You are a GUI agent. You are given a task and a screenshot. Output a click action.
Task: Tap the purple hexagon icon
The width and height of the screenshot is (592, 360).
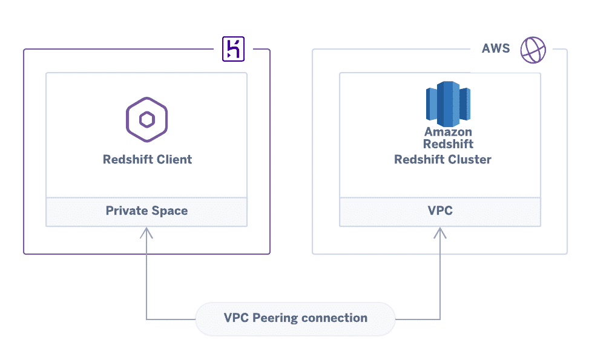coord(146,120)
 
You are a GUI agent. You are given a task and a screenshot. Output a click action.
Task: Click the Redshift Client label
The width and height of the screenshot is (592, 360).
coord(147,160)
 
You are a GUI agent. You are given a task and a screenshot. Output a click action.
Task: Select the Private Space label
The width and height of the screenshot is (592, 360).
coord(146,211)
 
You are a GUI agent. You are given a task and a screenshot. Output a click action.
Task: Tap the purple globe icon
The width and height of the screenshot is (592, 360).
coord(533,50)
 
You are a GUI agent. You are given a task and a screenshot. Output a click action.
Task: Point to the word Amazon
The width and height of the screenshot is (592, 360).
coord(448,132)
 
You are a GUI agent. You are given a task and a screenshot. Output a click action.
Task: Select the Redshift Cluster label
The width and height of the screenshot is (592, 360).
coord(442,160)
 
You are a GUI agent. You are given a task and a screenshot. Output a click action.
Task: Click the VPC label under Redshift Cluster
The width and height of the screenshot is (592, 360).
coord(440,211)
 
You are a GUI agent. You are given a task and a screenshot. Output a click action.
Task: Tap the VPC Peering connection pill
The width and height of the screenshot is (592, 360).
coord(295,318)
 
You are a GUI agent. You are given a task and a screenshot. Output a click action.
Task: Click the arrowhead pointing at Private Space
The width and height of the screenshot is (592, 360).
coord(146,232)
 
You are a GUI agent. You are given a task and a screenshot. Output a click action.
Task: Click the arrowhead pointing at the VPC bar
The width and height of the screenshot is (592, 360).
coord(440,232)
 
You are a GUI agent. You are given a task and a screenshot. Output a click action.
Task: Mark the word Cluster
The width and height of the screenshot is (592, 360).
coord(471,160)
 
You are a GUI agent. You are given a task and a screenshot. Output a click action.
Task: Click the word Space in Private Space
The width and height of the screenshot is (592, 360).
coord(169,211)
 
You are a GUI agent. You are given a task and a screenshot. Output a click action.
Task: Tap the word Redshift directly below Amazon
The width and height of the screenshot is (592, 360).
coord(448,145)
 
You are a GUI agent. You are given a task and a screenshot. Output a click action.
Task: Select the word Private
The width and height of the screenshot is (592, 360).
coord(127,211)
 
